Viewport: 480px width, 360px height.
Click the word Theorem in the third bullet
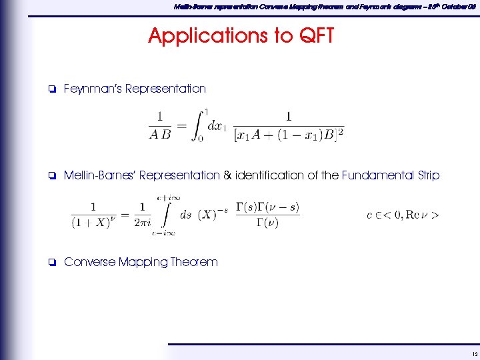click(x=194, y=262)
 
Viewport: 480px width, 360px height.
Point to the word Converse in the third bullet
click(x=89, y=262)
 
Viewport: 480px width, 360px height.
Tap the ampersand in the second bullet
click(x=227, y=175)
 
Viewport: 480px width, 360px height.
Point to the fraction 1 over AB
click(x=159, y=125)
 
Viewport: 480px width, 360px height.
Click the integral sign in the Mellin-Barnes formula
click(x=161, y=215)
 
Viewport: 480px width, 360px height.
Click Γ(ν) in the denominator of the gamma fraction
click(x=267, y=223)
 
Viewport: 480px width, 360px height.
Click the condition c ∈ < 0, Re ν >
click(x=403, y=215)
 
